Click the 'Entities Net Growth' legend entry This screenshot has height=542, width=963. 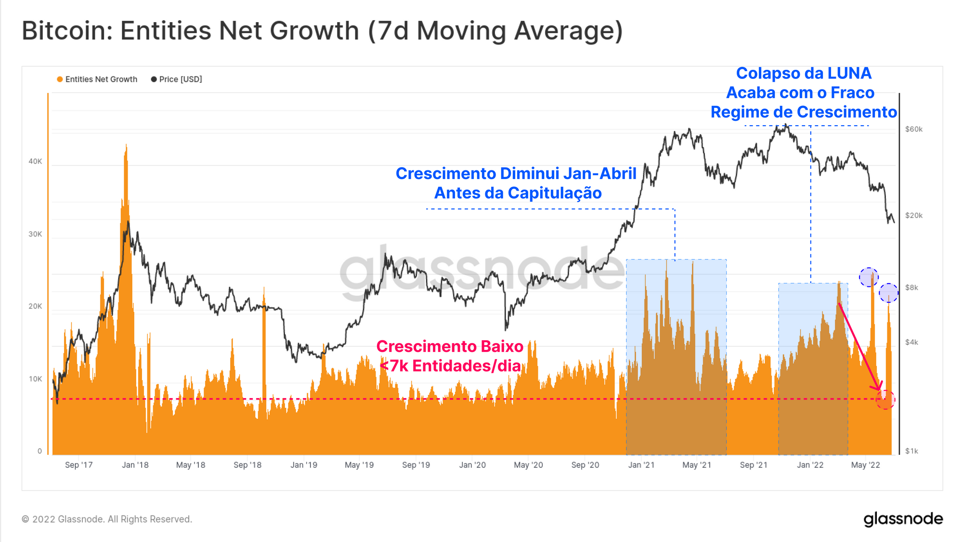pyautogui.click(x=97, y=79)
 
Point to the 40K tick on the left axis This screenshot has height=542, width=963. pyautogui.click(x=35, y=162)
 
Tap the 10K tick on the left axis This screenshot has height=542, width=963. pyautogui.click(x=35, y=379)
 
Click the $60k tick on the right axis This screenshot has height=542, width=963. pyautogui.click(x=913, y=129)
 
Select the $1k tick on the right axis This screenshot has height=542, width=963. pyautogui.click(x=911, y=451)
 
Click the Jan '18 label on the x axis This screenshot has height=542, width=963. pyautogui.click(x=135, y=465)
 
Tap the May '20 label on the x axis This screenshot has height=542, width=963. pyautogui.click(x=528, y=465)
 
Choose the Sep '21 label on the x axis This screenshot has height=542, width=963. pyautogui.click(x=754, y=465)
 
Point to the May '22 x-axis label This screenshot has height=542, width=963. pyautogui.click(x=865, y=465)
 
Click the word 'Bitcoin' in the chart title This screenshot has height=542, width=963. pyautogui.click(x=64, y=31)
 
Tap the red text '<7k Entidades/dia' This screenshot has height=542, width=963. pyautogui.click(x=450, y=366)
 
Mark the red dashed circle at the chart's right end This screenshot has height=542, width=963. pyautogui.click(x=885, y=400)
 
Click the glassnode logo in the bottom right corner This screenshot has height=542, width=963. pyautogui.click(x=903, y=519)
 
